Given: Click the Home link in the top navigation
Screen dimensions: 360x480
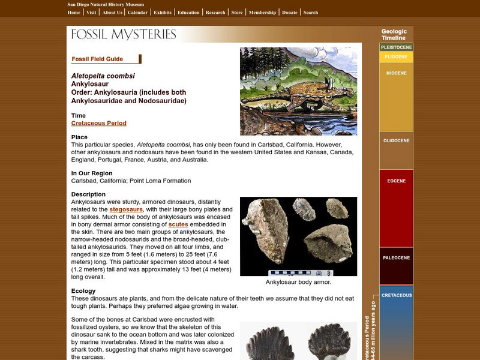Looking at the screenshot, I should (74, 12).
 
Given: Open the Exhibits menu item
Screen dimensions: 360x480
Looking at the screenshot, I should (162, 12).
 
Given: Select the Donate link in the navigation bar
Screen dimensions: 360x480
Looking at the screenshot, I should (289, 12).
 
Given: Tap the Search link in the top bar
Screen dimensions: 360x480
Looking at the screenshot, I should (310, 12).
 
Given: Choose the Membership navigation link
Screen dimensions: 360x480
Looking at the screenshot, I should (262, 12).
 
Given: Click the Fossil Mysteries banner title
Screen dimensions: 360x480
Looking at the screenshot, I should (124, 34).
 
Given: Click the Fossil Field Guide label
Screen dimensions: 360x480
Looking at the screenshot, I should (97, 59).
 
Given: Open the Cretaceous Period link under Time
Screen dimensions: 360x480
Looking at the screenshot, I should (98, 123).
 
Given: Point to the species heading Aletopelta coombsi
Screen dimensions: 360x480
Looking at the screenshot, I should (103, 76).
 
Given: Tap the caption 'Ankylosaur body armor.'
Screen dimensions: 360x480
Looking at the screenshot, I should (298, 282).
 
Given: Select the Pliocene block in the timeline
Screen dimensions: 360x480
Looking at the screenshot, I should (396, 57).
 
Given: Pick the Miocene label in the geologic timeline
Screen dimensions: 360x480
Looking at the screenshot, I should (396, 73).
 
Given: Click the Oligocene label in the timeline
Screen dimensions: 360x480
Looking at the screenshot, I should (396, 141).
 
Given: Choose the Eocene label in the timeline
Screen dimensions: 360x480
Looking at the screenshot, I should (396, 181).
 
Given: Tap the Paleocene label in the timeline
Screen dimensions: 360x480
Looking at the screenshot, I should (396, 259).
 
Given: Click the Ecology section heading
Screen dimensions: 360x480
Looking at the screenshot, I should (83, 291).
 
